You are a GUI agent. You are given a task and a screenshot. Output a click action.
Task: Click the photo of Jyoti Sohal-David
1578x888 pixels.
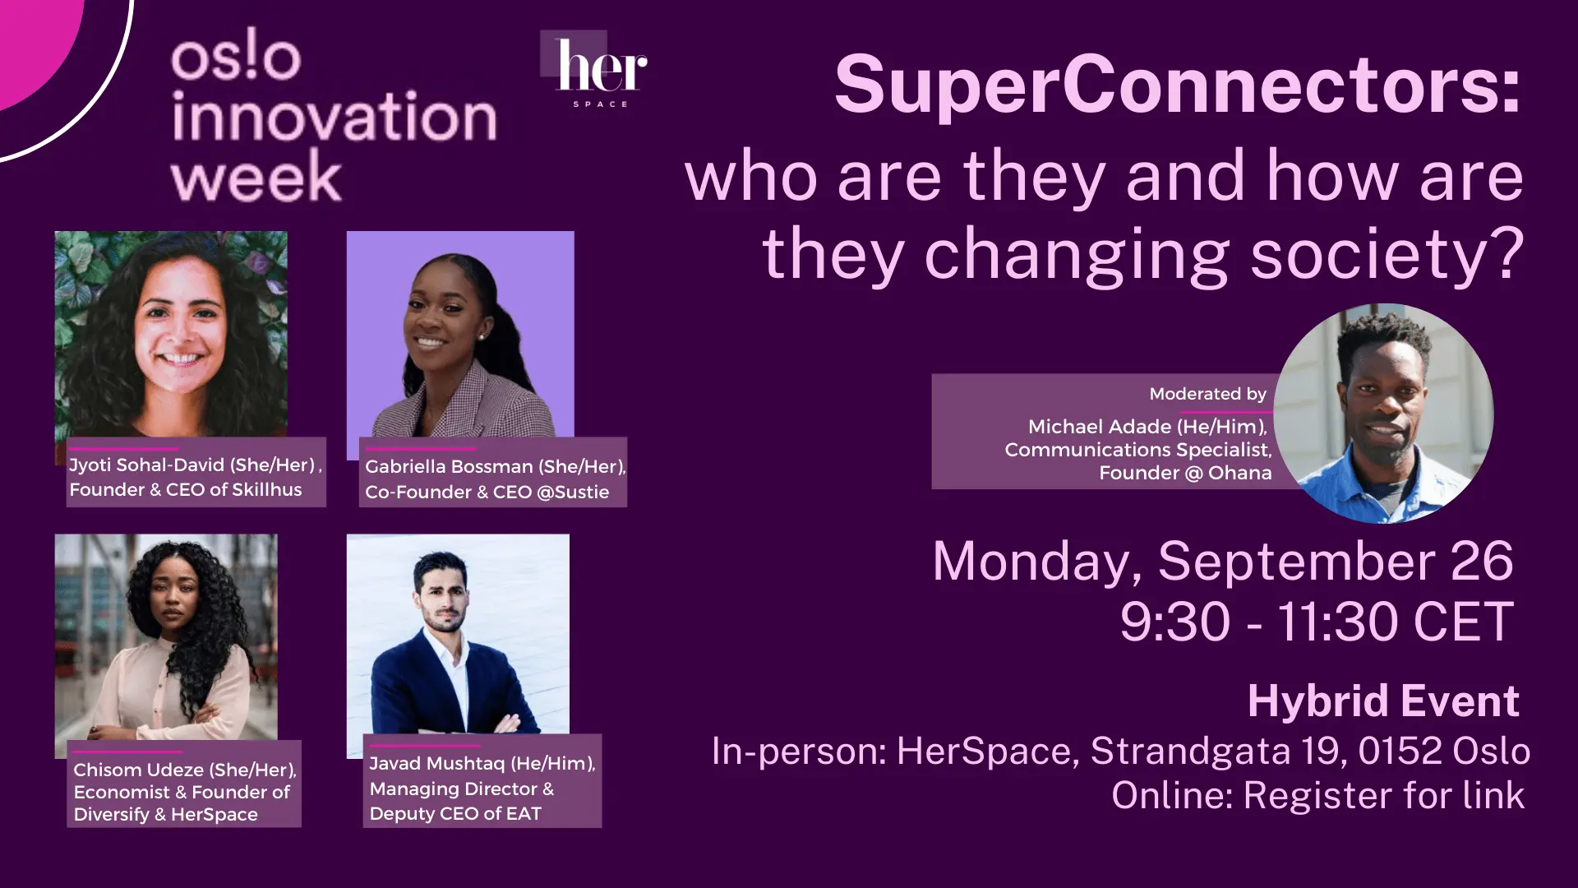tap(171, 335)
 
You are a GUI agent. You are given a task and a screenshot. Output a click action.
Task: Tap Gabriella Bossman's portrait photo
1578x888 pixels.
tap(460, 334)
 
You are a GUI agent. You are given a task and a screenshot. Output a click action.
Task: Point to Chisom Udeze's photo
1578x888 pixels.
tap(166, 638)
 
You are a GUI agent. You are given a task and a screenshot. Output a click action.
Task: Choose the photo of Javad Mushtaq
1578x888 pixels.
tap(458, 634)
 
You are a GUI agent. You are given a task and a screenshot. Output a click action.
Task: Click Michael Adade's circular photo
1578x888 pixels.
tap(1383, 414)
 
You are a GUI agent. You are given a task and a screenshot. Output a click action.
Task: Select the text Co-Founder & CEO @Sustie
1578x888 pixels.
tap(487, 492)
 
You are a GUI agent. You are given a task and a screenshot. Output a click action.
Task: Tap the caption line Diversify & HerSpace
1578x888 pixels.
tap(165, 815)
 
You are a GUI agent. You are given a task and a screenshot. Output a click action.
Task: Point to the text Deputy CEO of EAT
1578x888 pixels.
tap(455, 814)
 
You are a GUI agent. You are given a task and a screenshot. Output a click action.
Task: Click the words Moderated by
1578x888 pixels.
tap(1207, 394)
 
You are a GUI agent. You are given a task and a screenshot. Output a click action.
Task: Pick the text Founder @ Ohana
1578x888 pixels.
tap(1185, 473)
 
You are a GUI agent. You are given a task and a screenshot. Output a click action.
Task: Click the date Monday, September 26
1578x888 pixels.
tap(1223, 562)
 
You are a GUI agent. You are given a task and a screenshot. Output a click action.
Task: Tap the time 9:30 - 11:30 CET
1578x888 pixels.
tap(1316, 621)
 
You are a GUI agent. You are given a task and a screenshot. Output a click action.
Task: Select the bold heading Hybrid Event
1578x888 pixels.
tap(1383, 701)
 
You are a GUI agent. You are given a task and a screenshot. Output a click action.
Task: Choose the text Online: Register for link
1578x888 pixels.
tap(1318, 795)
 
